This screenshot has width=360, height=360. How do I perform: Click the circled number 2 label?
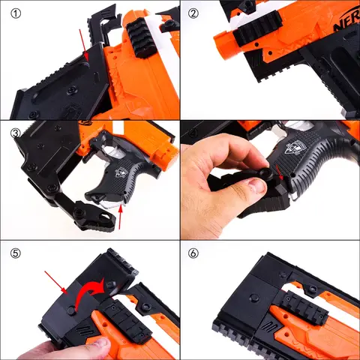coord(193,13)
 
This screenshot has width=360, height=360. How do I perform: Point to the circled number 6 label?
coord(193,253)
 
